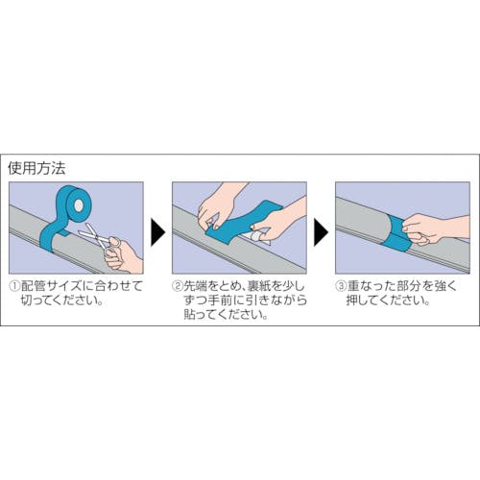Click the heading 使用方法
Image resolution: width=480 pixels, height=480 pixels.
pos(36,168)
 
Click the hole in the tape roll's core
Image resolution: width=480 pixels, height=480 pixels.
pos(78,204)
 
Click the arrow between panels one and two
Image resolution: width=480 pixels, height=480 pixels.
pos(157,232)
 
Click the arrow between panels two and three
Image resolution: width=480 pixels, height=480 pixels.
pos(321,232)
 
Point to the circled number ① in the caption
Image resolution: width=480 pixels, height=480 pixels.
pos(14,286)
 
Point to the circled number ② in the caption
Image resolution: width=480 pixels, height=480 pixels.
pos(178,286)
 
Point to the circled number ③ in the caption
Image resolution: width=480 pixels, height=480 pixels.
pos(341,286)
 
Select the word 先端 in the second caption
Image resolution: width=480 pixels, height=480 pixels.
pos(196,286)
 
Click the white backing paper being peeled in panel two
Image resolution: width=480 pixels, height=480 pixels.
pos(256,237)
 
